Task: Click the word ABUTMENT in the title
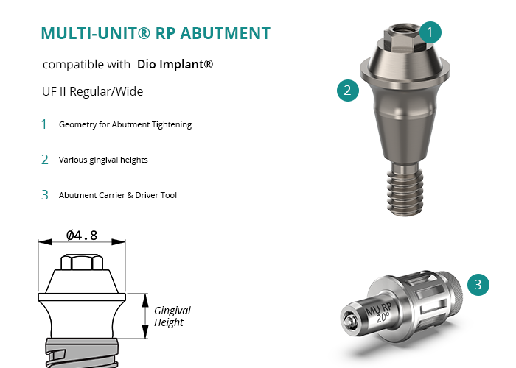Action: (225, 33)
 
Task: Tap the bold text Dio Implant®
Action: (175, 64)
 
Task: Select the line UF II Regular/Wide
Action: (92, 91)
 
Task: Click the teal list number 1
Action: (44, 124)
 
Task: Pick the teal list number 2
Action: (45, 160)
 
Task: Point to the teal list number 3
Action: (45, 195)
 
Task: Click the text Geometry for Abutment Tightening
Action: (125, 125)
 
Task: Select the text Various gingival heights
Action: (103, 160)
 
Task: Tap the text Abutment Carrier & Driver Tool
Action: (118, 195)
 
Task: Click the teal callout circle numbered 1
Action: (430, 32)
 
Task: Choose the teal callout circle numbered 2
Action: (348, 90)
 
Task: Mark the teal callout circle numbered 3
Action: (478, 285)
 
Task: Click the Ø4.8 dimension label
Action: (82, 236)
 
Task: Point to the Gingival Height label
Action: (172, 316)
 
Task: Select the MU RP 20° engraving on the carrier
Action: (380, 313)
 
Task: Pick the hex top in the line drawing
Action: (82, 262)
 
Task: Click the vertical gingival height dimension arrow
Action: (145, 316)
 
